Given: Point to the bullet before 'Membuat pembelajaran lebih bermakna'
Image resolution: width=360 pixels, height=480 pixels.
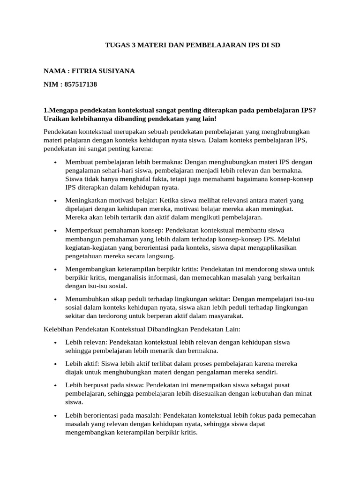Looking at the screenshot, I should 55,163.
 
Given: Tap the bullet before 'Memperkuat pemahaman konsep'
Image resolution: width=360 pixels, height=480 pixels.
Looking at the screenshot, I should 55,231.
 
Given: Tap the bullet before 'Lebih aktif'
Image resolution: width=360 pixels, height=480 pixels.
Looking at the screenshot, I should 55,364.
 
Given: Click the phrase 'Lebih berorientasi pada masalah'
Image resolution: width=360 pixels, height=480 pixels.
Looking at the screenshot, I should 112,415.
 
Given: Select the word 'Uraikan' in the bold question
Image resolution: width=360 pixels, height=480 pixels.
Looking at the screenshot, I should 56,119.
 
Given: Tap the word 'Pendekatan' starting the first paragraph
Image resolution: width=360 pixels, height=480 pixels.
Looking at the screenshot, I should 61,132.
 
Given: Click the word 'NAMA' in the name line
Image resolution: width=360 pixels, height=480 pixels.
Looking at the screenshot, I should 53,71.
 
